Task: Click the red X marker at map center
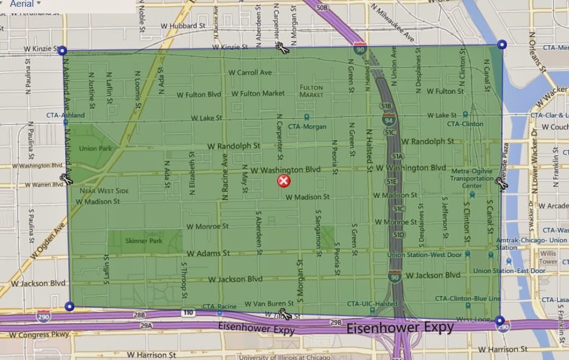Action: coord(284,180)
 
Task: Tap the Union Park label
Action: coord(96,149)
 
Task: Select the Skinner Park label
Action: coord(144,241)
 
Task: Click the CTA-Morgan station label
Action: coord(307,127)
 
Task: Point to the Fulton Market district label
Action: coord(311,91)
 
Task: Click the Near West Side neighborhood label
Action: coord(104,191)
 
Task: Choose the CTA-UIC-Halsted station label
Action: coord(372,303)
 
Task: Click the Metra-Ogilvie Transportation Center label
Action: coord(472,178)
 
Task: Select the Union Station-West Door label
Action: coord(425,255)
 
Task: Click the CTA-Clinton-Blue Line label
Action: coord(468,298)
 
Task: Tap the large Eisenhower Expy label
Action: coord(400,328)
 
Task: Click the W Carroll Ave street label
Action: coord(250,72)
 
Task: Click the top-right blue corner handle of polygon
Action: coord(501,44)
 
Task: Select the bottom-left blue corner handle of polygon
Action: coord(69,306)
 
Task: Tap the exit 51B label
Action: coord(386,105)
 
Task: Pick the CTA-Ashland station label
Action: coord(65,115)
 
